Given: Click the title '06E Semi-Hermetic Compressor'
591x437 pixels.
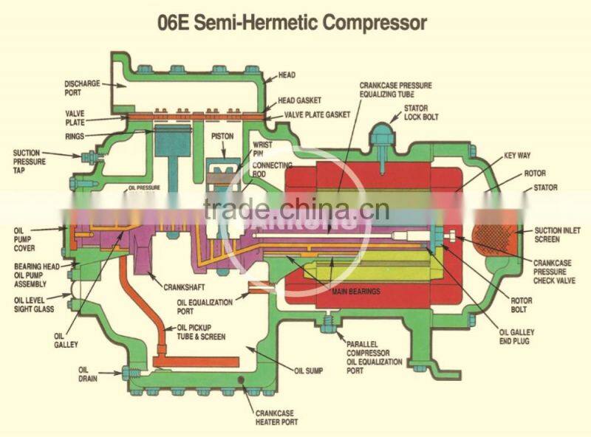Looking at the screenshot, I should (x=293, y=22).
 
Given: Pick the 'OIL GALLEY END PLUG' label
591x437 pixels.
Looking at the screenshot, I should (x=516, y=337).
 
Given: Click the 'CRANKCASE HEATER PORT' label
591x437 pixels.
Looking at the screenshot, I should (x=276, y=418).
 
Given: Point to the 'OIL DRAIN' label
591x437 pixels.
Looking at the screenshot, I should (x=88, y=373).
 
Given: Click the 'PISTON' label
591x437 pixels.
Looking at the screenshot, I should (x=222, y=137).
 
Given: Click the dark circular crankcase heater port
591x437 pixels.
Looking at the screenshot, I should (x=240, y=380).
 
